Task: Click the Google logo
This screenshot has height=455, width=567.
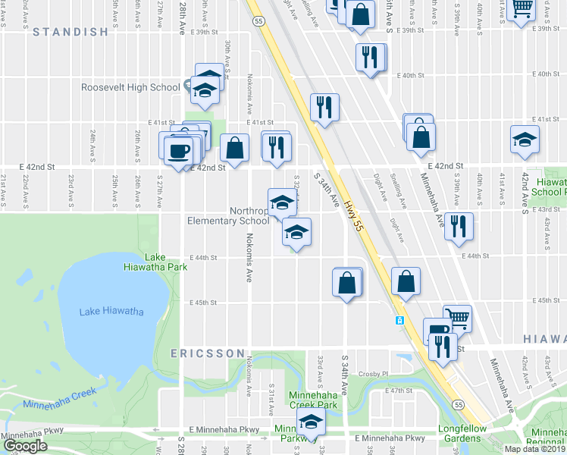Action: pyautogui.click(x=24, y=446)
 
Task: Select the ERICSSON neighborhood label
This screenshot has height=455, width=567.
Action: pyautogui.click(x=208, y=353)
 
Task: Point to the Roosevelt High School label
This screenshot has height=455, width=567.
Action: pyautogui.click(x=131, y=87)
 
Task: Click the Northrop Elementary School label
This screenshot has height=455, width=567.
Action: pyautogui.click(x=228, y=216)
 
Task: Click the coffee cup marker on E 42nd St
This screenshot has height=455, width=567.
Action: pyautogui.click(x=179, y=150)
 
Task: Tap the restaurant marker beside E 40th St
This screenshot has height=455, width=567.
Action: pyautogui.click(x=370, y=57)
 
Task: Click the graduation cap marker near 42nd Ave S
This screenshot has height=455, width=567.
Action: pyautogui.click(x=525, y=140)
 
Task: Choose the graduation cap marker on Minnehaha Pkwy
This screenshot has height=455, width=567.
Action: pyautogui.click(x=309, y=423)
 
